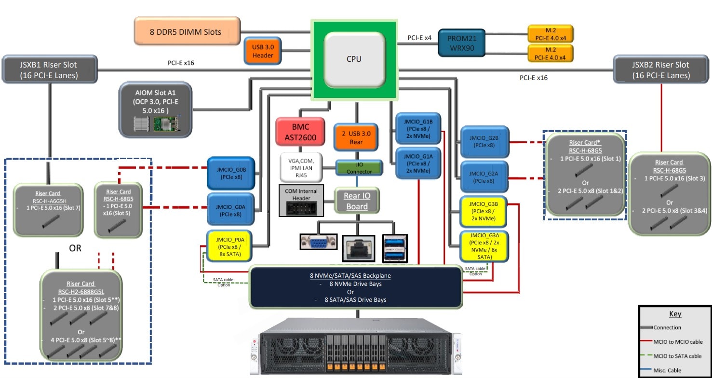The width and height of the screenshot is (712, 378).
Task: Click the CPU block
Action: tap(354, 59)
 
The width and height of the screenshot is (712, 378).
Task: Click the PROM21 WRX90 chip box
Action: tap(460, 42)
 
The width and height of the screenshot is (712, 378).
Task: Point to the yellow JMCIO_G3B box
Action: tap(483, 211)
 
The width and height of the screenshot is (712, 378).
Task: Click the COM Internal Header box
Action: tap(301, 200)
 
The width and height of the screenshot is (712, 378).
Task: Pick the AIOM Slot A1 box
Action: tap(156, 109)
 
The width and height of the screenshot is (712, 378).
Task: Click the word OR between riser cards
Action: tap(75, 249)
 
